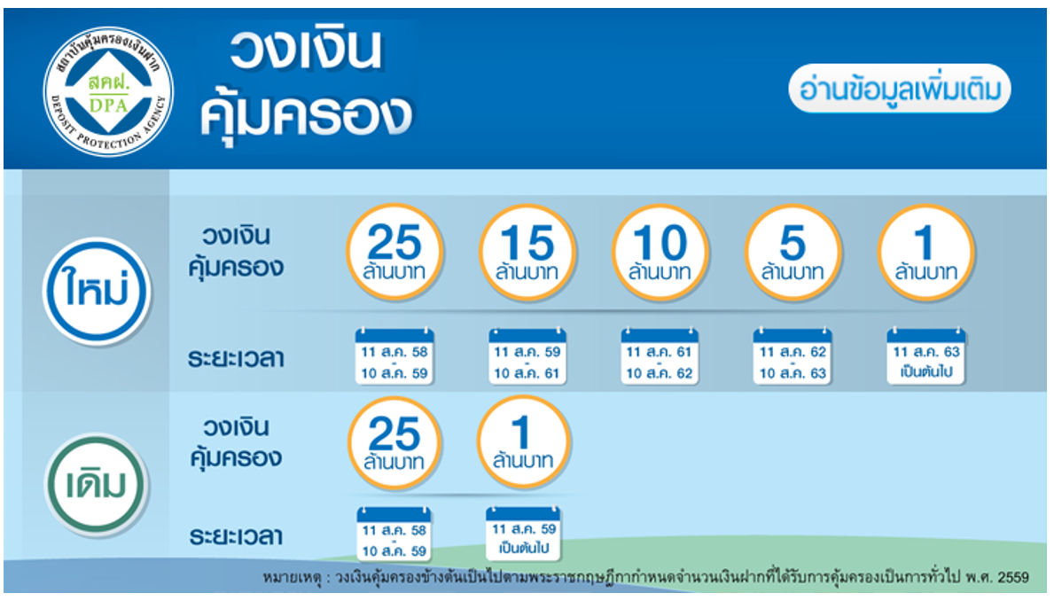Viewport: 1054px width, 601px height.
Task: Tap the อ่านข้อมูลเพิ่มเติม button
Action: tap(900, 89)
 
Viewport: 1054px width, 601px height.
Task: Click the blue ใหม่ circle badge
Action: tap(97, 291)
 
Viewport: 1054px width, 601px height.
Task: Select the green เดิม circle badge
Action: tap(97, 484)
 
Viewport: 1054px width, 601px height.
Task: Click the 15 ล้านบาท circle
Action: tap(527, 252)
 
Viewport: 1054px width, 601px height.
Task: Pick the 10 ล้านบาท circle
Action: tap(660, 252)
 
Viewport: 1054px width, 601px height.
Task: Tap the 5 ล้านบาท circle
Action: tap(793, 252)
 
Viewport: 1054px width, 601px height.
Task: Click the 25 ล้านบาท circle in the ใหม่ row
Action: tap(394, 252)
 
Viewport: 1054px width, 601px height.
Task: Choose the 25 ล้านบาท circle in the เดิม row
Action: tap(394, 443)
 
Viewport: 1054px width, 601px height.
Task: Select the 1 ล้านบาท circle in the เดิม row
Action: tap(524, 441)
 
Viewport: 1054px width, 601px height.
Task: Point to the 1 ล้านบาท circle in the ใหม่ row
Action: tap(926, 252)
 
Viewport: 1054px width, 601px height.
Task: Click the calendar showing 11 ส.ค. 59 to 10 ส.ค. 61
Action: tap(527, 356)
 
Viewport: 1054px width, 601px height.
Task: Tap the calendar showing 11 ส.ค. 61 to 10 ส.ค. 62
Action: tap(660, 356)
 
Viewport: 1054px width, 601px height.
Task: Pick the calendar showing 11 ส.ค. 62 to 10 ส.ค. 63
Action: tap(792, 356)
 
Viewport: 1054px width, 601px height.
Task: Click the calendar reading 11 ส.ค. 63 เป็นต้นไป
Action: tap(925, 356)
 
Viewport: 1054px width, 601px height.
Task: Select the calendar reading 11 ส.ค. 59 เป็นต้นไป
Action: tap(523, 534)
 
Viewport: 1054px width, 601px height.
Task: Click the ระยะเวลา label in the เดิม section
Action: tap(235, 536)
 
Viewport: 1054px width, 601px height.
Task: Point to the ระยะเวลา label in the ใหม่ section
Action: tap(235, 358)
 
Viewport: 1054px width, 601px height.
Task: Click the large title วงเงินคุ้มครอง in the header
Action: tap(307, 82)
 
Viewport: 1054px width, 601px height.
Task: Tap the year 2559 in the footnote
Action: tap(1013, 577)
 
